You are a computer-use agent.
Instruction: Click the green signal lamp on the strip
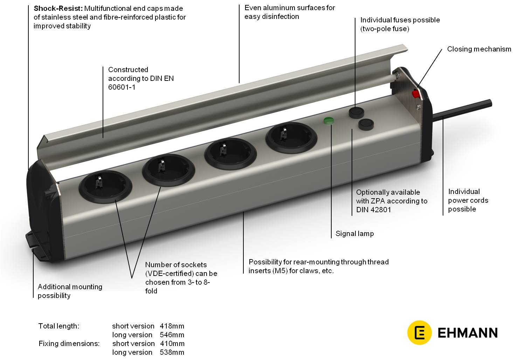[329, 121]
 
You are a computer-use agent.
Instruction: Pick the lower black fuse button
[366, 124]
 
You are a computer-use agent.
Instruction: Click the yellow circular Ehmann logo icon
[419, 332]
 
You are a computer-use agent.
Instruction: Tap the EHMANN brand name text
[468, 333]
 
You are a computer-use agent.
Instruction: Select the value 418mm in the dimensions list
[172, 326]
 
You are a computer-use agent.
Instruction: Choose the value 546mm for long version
[172, 335]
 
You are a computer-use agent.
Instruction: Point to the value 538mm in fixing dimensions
[172, 352]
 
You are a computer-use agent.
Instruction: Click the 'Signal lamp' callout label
[354, 234]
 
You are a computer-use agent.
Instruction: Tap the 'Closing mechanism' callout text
[479, 49]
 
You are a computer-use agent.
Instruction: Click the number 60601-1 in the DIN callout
[122, 87]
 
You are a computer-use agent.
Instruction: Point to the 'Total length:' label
[58, 326]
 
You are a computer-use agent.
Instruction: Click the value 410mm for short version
[172, 344]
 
